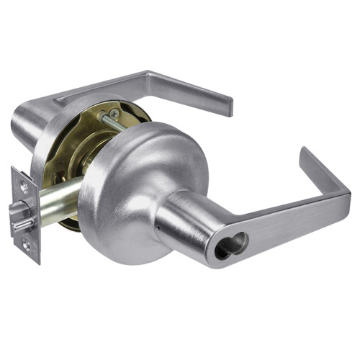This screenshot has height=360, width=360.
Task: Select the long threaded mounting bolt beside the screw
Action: pyautogui.click(x=115, y=129)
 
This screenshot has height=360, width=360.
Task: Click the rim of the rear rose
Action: pyautogui.click(x=43, y=144)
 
